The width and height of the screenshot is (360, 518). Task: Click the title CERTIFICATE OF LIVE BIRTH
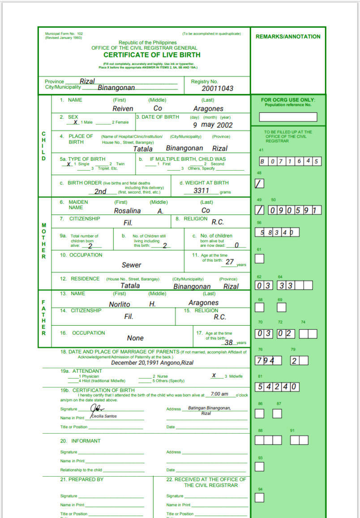[x=152, y=55]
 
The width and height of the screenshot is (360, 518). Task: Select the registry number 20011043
[x=217, y=88]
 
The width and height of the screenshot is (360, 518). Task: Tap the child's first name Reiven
[x=123, y=108]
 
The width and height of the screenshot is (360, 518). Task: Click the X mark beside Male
[x=76, y=122]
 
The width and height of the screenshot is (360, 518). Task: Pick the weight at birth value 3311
[x=201, y=190]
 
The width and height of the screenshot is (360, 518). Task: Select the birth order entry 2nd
[x=100, y=191]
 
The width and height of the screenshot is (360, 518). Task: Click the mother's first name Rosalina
[x=127, y=211]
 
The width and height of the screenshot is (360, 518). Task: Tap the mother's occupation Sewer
[x=131, y=265]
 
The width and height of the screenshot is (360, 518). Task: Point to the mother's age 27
[x=229, y=262]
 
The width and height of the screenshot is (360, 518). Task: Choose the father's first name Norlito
[x=120, y=304]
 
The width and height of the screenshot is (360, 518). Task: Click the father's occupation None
[x=135, y=338]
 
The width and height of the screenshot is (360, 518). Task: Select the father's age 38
[x=228, y=342]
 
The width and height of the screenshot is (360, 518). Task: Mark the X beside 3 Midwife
[x=214, y=376]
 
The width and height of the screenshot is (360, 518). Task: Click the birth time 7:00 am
[x=219, y=394]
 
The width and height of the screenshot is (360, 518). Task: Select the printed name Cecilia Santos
[x=104, y=416]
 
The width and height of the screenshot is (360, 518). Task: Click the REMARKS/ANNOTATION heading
[x=288, y=37]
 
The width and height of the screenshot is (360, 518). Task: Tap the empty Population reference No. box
[x=288, y=117]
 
